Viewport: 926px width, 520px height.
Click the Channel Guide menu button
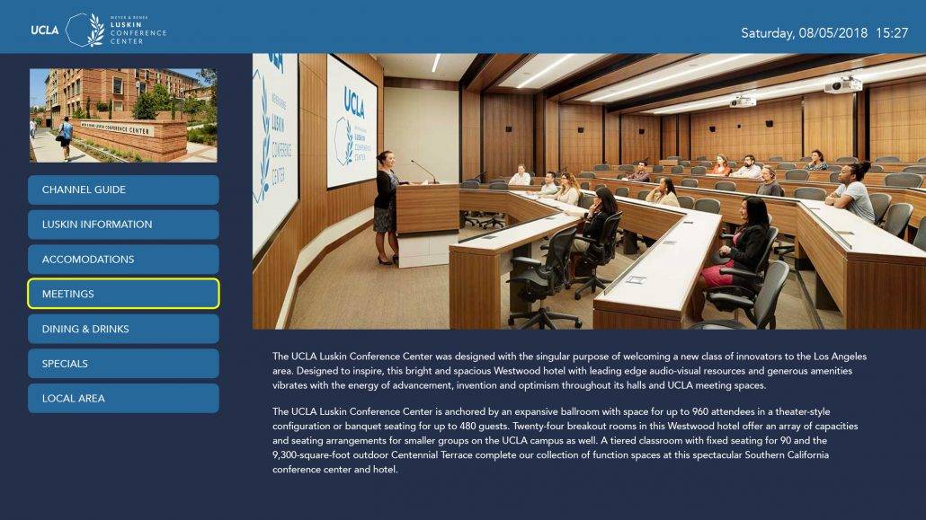point(123,189)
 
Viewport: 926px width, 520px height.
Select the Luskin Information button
point(123,225)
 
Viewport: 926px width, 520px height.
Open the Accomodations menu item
point(123,260)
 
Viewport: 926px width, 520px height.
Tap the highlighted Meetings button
point(123,294)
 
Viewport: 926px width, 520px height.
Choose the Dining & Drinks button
point(123,329)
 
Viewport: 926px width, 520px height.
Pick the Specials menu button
point(123,364)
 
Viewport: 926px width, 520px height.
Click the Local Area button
point(123,399)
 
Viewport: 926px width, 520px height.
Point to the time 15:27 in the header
point(892,33)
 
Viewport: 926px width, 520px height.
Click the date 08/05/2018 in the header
point(833,33)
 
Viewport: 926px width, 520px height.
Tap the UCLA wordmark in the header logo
point(45,30)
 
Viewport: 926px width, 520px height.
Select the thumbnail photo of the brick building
point(123,115)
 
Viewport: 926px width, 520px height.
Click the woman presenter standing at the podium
point(387,207)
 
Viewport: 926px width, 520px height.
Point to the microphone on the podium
point(424,172)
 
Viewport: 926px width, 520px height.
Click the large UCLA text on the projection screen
point(354,101)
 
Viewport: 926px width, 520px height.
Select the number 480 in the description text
point(468,427)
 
